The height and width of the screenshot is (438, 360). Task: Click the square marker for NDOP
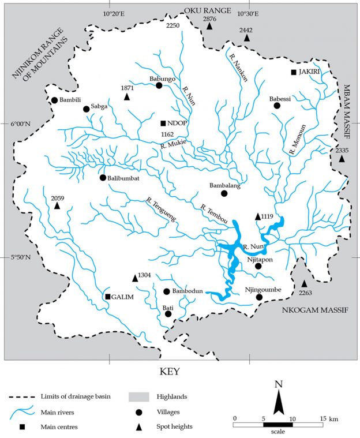click(164, 123)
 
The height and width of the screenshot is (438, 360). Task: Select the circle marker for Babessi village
click(277, 106)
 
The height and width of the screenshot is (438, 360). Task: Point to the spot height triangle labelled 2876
click(210, 27)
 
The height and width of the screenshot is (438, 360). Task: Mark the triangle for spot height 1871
click(127, 96)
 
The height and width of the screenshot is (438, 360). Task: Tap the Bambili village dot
click(54, 100)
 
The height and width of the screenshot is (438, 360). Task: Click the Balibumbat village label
click(124, 177)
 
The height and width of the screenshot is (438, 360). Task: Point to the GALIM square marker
click(107, 297)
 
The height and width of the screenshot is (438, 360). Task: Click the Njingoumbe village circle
click(260, 297)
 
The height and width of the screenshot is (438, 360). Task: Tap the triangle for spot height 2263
click(304, 283)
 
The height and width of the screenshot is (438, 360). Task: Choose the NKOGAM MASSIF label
click(315, 310)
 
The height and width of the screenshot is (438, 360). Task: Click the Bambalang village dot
click(224, 193)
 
